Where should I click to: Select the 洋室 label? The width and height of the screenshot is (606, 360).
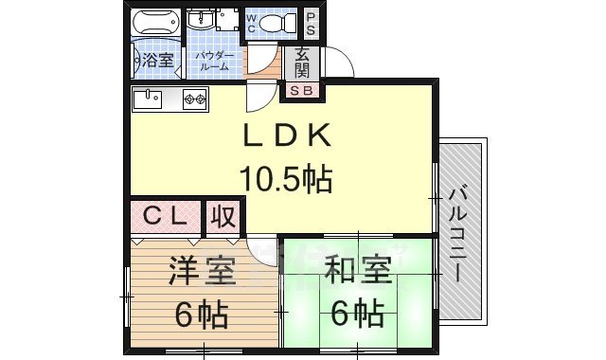click(202, 274)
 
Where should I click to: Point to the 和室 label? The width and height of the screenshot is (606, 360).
click(357, 274)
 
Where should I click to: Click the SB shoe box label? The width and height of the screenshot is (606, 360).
click(304, 91)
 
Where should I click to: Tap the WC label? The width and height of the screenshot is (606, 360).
click(253, 24)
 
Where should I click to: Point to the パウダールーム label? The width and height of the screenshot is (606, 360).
click(215, 62)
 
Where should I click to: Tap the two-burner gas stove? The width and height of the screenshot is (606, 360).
click(195, 98)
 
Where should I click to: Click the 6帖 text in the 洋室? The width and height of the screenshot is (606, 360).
click(201, 315)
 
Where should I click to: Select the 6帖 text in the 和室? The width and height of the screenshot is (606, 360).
click(357, 312)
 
